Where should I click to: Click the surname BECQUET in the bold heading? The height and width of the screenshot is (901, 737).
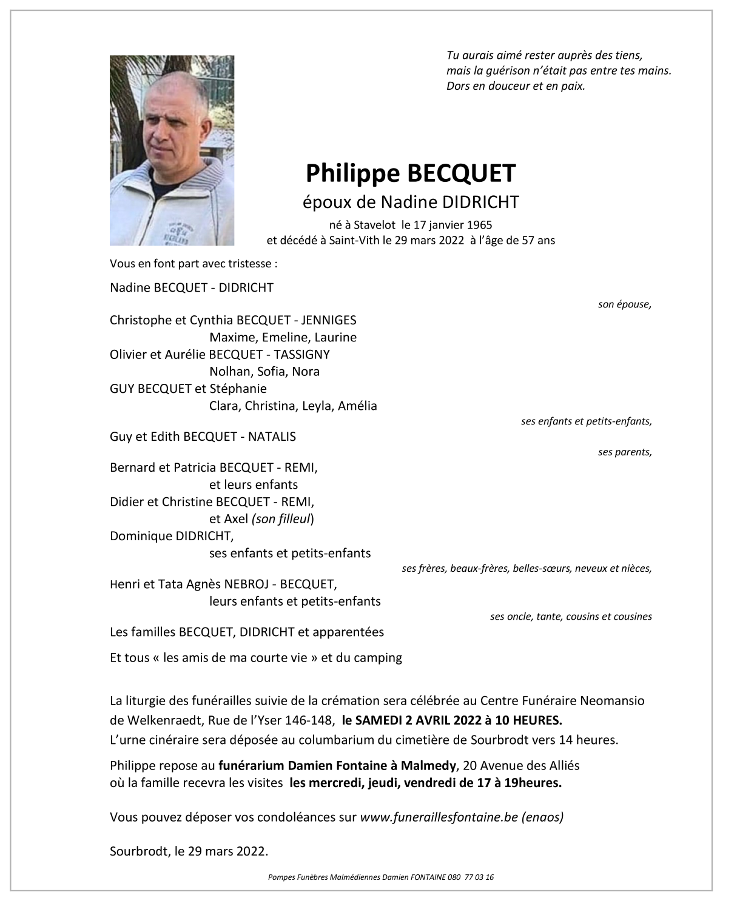pos(461,173)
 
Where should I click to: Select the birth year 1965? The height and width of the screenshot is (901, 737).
pos(480,225)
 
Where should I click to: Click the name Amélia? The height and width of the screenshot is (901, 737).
pos(357,406)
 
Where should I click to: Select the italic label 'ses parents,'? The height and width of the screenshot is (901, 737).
pos(625,452)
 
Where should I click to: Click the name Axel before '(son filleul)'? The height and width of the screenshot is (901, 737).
pos(236,519)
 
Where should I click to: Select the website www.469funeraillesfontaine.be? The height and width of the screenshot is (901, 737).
pos(439,817)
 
